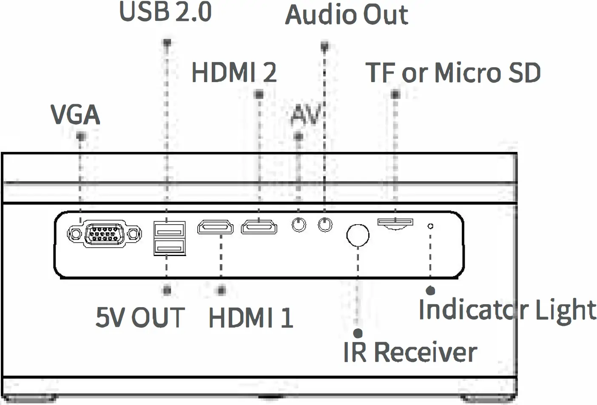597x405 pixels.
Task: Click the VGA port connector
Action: coord(105,234)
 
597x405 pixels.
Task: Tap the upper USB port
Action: coord(169,230)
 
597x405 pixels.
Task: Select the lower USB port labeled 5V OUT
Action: coord(169,247)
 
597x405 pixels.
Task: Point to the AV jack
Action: coord(299,224)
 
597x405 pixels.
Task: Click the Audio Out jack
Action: coord(325,224)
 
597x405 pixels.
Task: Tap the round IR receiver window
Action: coord(358,235)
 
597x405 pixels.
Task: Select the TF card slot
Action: coord(395,222)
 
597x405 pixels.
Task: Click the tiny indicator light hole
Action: coord(430,226)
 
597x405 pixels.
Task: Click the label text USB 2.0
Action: coord(165,12)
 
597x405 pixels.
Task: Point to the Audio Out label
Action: coord(347,15)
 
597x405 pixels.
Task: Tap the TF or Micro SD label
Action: coord(453,73)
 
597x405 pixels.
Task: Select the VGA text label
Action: coord(75,114)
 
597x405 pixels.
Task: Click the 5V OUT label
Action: coord(140,317)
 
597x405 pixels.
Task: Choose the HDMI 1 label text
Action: coord(251,318)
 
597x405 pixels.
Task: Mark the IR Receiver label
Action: coord(410,353)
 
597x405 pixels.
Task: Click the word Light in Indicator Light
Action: coord(566,310)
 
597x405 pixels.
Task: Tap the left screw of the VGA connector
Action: coord(75,234)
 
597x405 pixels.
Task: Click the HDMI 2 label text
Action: coord(234,72)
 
